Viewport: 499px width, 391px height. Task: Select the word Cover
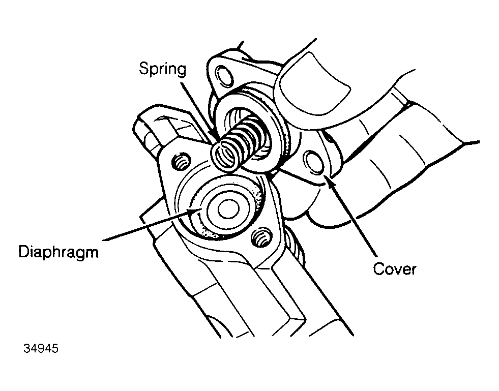coord(395,269)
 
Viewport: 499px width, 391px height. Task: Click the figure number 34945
coord(41,348)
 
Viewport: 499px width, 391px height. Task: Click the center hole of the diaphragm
coord(228,209)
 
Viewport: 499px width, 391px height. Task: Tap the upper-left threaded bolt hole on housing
coord(181,162)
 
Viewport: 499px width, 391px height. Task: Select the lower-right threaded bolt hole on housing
coord(261,237)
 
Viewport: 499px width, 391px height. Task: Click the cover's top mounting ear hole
coord(225,75)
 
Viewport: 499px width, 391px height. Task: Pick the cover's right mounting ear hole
coord(314,162)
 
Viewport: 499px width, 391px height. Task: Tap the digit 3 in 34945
coord(27,348)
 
